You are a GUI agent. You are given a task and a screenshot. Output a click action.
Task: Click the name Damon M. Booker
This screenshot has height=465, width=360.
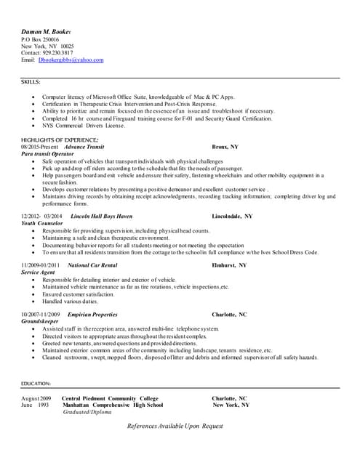pyautogui.click(x=50, y=33)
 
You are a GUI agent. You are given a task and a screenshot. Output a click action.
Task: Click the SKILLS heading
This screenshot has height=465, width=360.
pyautogui.click(x=31, y=83)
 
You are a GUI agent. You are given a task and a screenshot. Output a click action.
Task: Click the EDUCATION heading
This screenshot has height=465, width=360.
pyautogui.click(x=36, y=383)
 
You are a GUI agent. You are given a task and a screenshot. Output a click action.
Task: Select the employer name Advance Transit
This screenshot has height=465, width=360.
pyautogui.click(x=84, y=147)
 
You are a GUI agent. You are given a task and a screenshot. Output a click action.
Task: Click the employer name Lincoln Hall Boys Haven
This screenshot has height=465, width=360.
pyautogui.click(x=101, y=217)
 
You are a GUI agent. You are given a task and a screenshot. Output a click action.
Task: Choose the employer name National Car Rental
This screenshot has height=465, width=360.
pyautogui.click(x=92, y=265)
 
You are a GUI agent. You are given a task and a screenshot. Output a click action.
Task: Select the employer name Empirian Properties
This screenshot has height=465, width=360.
pyautogui.click(x=92, y=314)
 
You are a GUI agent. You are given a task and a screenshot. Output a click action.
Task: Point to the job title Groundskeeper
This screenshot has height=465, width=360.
pyautogui.click(x=41, y=321)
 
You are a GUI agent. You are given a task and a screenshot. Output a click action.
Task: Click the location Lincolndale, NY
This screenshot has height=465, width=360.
pyautogui.click(x=232, y=217)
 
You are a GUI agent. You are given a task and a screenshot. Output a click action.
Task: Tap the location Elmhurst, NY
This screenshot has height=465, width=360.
pyautogui.click(x=229, y=265)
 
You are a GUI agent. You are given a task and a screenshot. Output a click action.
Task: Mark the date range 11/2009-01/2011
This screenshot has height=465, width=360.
pyautogui.click(x=40, y=265)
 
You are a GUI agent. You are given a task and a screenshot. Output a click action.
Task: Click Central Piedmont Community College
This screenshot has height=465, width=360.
pyautogui.click(x=110, y=398)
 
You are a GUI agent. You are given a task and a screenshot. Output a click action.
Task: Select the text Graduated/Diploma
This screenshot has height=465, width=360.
pyautogui.click(x=87, y=412)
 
